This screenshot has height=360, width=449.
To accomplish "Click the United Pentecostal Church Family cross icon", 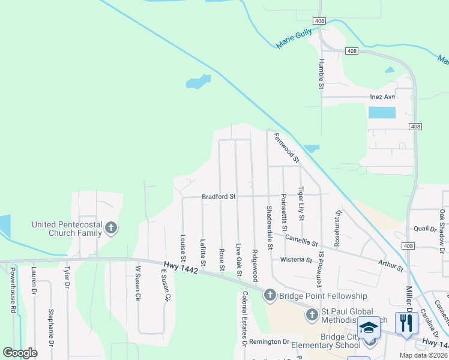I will tap(110, 228).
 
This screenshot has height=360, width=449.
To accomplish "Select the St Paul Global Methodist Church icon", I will tap(312, 315).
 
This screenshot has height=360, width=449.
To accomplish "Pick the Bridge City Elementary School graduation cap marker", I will tap(369, 328).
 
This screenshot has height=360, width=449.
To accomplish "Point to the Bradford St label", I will tap(219, 196).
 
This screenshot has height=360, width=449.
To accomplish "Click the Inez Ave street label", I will tap(382, 97).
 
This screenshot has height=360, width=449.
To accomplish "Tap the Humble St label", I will tap(321, 74).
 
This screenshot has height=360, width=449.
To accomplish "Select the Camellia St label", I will tap(301, 241).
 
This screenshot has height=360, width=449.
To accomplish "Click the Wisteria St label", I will tap(297, 260).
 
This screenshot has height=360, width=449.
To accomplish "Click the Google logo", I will tap(20, 353).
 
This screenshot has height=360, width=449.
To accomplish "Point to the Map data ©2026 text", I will tap(423, 355).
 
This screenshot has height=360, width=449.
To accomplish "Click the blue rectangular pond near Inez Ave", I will tap(382, 112).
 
